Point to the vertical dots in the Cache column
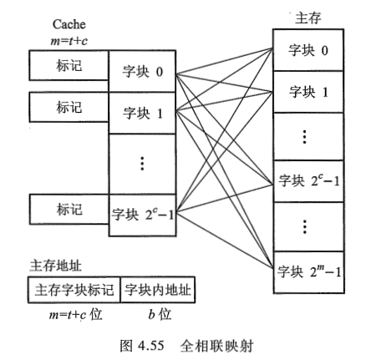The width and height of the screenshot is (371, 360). click(x=143, y=164)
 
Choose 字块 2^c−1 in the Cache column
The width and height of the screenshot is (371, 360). click(x=143, y=213)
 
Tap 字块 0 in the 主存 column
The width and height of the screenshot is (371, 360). click(x=308, y=51)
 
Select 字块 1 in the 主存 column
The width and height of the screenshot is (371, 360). click(x=308, y=93)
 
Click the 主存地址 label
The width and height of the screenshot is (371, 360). click(x=48, y=265)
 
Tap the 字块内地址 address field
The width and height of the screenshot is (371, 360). click(x=157, y=291)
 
